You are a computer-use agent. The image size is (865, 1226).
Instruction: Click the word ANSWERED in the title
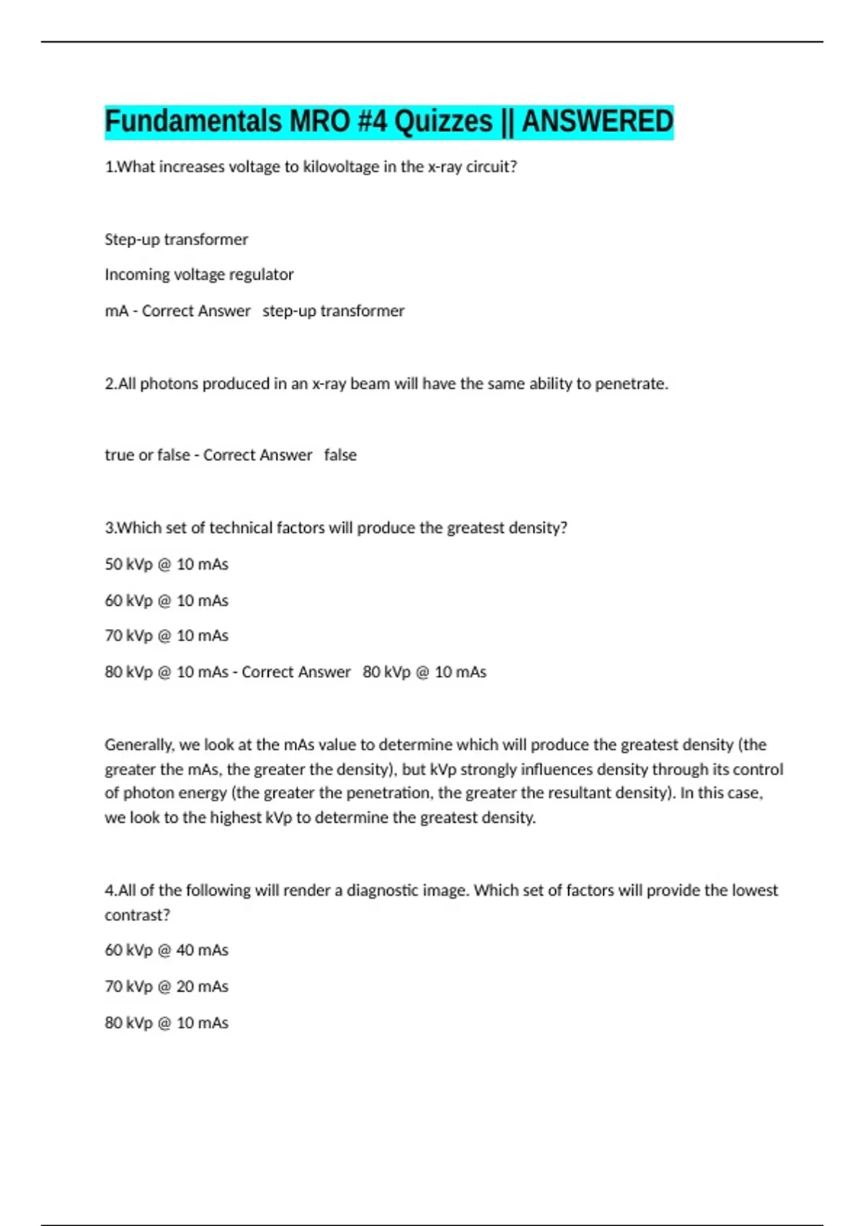pos(598,121)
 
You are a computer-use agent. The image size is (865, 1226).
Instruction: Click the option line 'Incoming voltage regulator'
pos(199,275)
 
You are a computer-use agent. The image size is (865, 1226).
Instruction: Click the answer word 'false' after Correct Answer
pos(340,455)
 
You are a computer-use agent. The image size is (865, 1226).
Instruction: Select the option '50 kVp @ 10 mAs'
pos(167,564)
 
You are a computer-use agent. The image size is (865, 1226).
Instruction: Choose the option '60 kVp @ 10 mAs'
pos(167,600)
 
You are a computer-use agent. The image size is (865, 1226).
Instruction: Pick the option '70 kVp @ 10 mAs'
pos(167,635)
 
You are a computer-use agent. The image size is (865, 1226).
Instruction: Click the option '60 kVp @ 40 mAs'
pos(167,950)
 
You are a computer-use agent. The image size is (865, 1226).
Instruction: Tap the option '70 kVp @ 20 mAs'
pos(167,986)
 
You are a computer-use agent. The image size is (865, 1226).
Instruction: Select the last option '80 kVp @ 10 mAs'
pos(167,1023)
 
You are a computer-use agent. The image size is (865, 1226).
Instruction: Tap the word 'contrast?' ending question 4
pos(137,914)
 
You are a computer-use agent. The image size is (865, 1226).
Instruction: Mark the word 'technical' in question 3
pos(241,528)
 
